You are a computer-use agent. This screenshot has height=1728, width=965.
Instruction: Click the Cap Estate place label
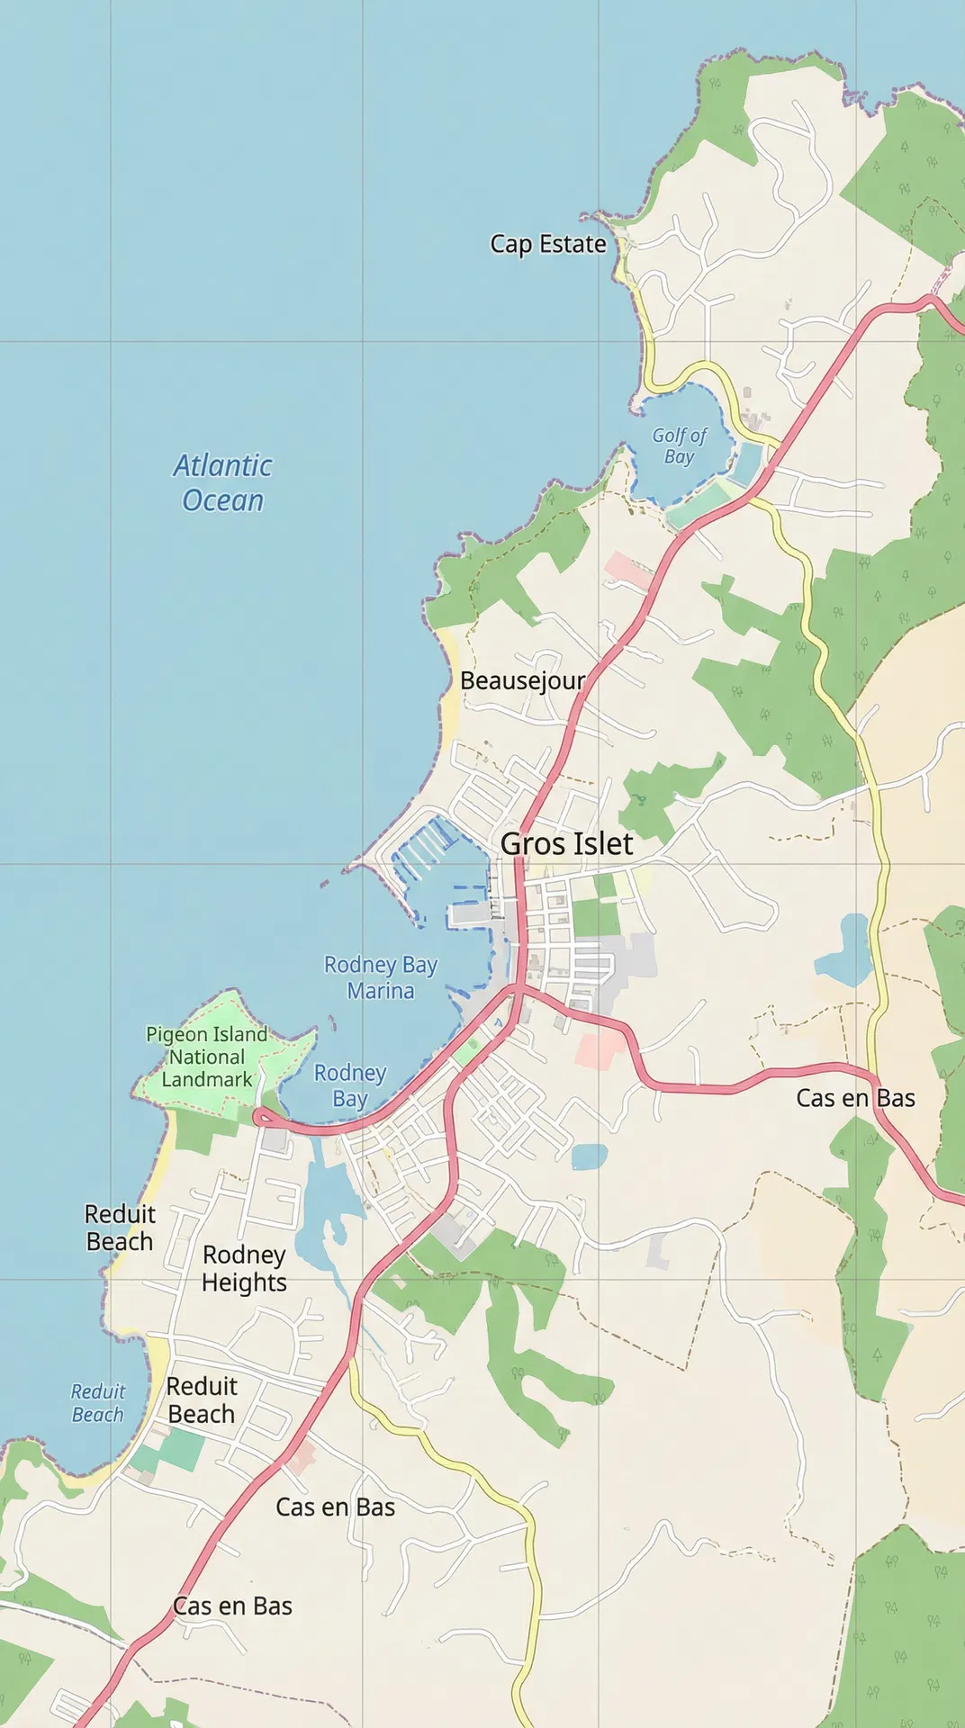coord(547,244)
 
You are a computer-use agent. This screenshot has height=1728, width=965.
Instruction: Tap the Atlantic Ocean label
coord(222,483)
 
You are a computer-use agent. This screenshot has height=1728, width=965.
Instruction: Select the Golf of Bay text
coord(679,446)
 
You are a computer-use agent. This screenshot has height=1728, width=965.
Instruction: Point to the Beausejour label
coord(522,681)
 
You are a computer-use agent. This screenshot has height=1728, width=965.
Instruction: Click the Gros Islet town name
coord(566,844)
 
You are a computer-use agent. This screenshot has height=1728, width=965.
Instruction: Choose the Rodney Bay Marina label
coord(381,977)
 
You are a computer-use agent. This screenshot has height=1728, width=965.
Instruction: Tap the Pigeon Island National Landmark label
coord(207,1057)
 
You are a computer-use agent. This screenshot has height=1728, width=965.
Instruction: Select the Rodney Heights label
coord(244,1269)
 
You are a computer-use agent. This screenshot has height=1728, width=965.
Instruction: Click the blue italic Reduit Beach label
coord(98,1403)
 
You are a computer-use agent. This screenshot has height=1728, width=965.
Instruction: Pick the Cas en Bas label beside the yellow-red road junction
coord(855,1099)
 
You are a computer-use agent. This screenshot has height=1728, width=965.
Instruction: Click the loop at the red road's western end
coord(262,1117)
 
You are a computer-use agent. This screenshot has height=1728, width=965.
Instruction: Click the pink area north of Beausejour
coord(627,570)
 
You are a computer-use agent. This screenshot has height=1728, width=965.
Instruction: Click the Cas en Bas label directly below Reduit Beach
coord(335,1507)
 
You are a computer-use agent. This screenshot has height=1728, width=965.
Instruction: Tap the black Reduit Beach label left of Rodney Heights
coord(120,1228)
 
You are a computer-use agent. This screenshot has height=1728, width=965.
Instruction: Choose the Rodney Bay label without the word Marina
coord(350,1085)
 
